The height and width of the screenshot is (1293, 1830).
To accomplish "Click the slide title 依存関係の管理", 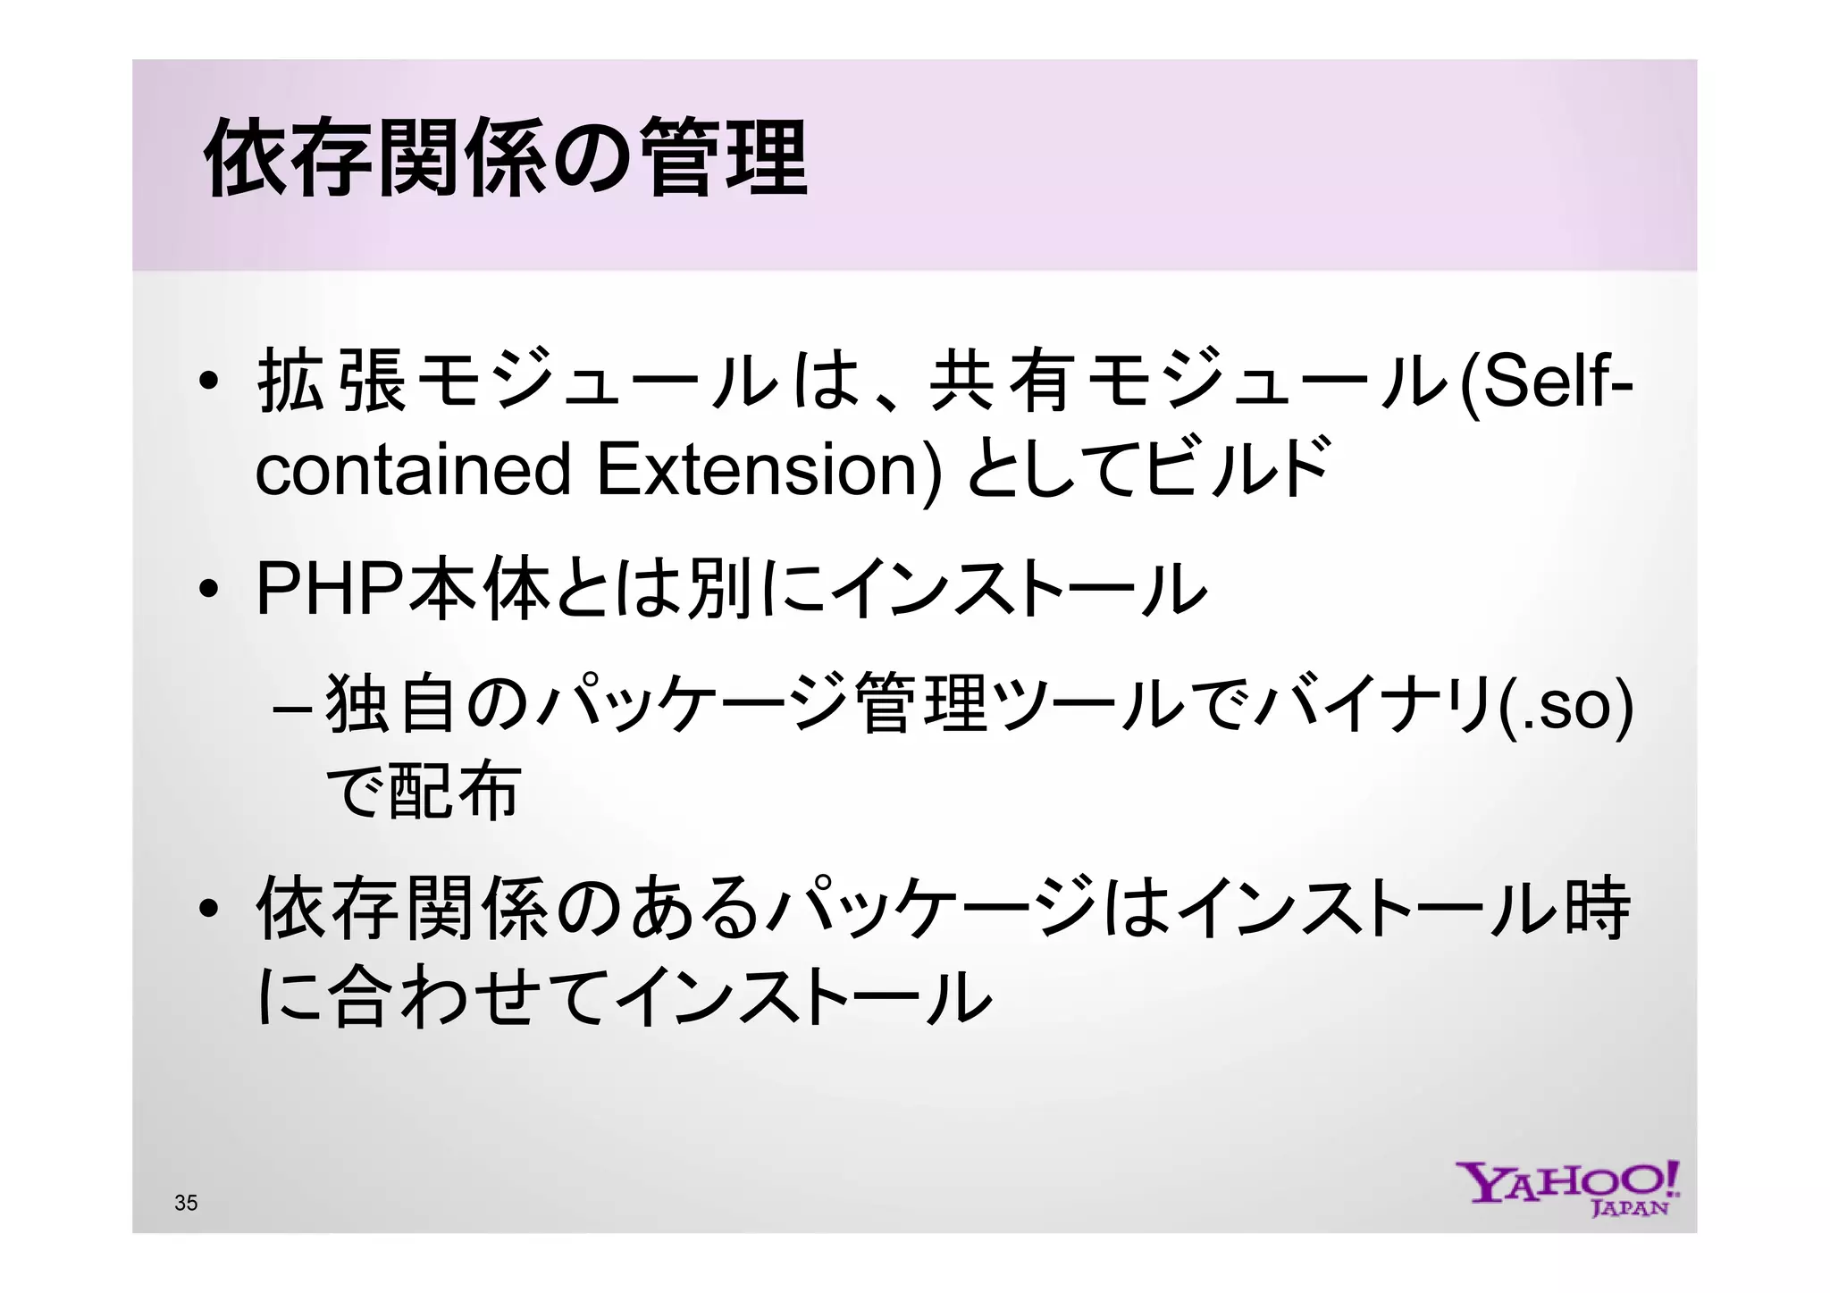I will click(x=506, y=159).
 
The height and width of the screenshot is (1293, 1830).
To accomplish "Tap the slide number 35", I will click(x=186, y=1203).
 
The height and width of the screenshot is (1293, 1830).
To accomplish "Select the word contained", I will click(x=413, y=470).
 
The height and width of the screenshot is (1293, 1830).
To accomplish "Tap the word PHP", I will click(x=330, y=590).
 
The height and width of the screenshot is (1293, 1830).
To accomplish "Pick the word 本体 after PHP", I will click(x=479, y=590).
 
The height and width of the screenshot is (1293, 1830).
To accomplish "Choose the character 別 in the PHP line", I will click(x=720, y=590).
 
